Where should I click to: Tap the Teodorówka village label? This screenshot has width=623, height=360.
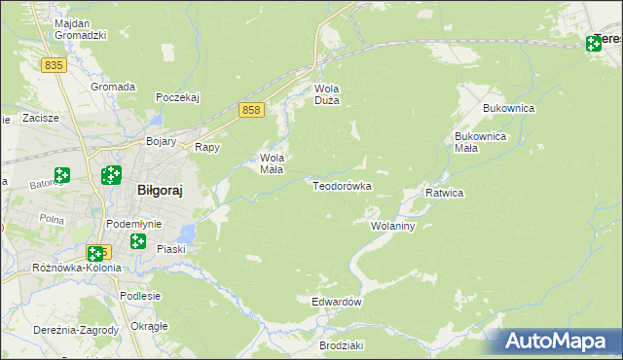(x=342, y=185)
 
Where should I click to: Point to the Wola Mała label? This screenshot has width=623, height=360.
(x=272, y=162)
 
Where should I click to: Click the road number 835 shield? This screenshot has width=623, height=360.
(x=54, y=64)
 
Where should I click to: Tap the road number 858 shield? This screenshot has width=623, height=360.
(x=252, y=111)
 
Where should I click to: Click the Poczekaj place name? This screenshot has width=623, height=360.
(x=177, y=97)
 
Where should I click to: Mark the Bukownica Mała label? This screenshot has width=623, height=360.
(x=480, y=142)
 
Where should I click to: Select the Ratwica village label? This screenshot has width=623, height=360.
(x=444, y=193)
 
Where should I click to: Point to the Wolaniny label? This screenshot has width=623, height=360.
(x=393, y=226)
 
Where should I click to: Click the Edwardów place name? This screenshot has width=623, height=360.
(x=337, y=302)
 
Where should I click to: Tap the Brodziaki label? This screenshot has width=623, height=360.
(x=341, y=345)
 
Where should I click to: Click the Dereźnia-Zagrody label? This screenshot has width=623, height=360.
(x=75, y=330)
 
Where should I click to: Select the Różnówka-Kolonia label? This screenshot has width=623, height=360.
(x=77, y=268)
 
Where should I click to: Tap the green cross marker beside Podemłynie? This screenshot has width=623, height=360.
(x=138, y=241)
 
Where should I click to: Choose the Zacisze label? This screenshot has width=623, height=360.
(x=41, y=118)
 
